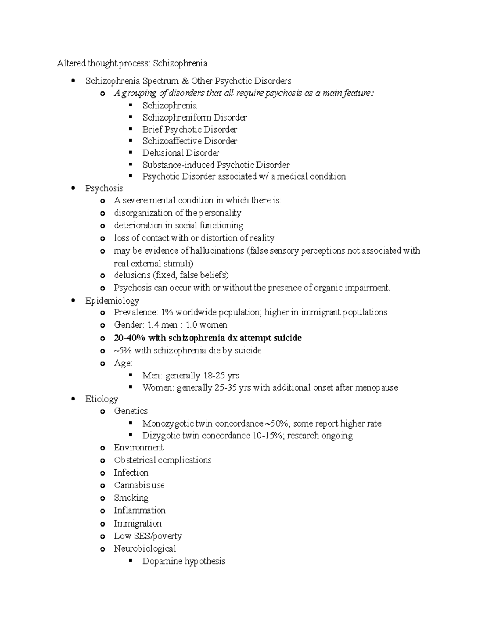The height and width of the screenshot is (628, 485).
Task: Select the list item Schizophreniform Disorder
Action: (x=194, y=118)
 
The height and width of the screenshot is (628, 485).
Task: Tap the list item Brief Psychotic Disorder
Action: (x=190, y=129)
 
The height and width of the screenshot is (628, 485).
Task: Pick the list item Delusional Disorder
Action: (x=181, y=153)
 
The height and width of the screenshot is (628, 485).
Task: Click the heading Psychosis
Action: (x=104, y=188)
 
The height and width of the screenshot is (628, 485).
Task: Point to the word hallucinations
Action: (x=217, y=251)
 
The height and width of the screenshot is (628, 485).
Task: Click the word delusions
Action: (x=132, y=275)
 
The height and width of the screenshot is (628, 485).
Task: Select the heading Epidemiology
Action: (x=112, y=301)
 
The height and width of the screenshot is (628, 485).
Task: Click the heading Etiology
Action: (x=101, y=399)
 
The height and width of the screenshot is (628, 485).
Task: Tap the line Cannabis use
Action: (x=139, y=485)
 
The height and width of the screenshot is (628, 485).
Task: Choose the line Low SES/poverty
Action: (x=148, y=536)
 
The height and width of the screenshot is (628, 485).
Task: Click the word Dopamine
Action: (x=162, y=561)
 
